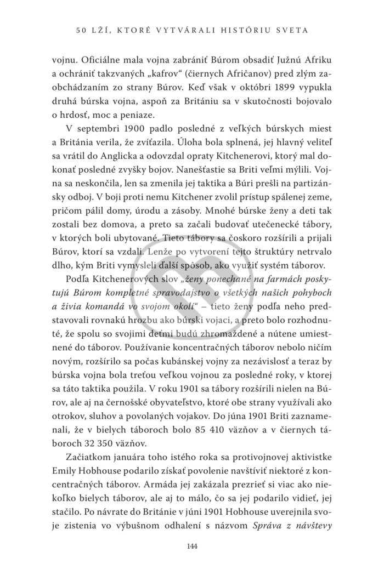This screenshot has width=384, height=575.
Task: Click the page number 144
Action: click(192, 549)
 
